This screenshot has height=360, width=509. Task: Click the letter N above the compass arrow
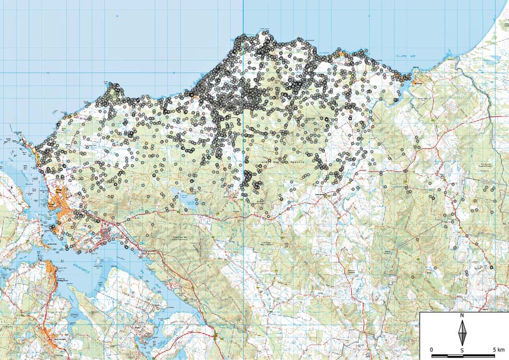[462, 316]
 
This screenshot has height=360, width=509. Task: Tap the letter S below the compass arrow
[462, 350]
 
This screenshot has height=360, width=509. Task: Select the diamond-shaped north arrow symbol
[462, 333]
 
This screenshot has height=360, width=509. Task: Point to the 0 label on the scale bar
[431, 349]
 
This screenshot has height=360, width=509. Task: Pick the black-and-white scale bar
[463, 356]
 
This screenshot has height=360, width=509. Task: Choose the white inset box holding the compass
[464, 335]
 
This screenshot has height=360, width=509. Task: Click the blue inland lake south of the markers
[188, 198]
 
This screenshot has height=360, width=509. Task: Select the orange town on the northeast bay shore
[417, 80]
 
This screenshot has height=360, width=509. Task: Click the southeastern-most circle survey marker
[492, 267]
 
